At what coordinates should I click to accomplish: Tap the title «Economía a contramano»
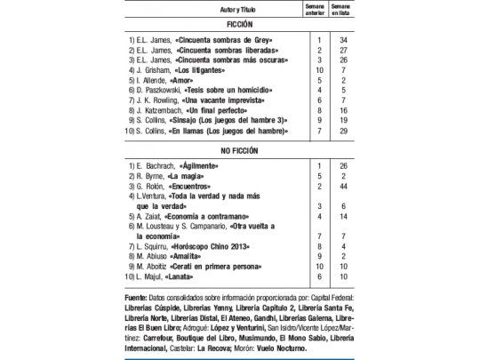(x=217, y=216)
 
